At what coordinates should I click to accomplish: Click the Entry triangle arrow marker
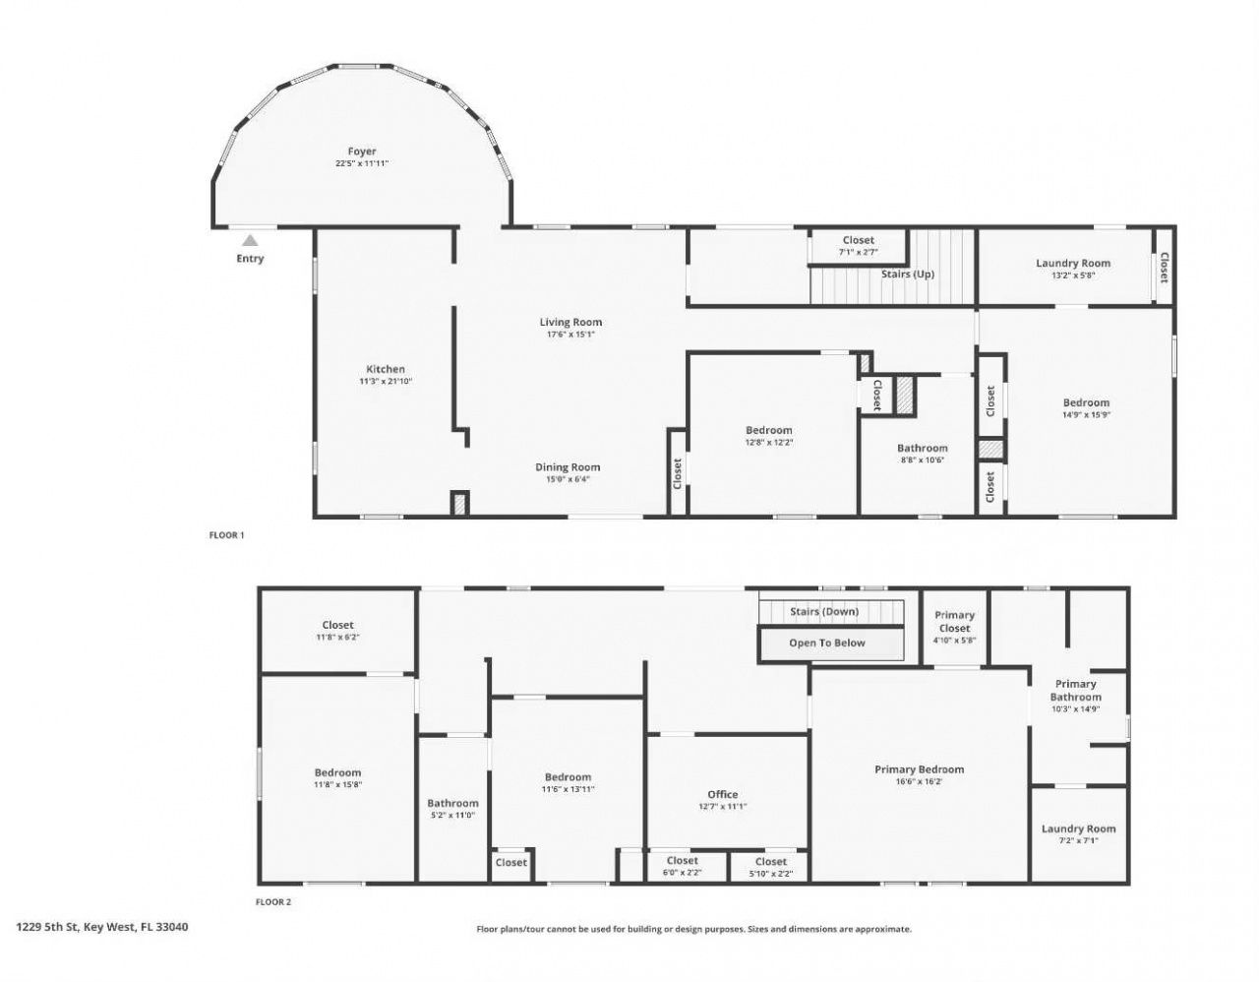point(251,240)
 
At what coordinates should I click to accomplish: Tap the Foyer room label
point(362,152)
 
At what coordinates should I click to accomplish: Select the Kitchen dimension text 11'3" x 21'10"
point(386,381)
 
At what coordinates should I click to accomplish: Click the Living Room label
point(570,322)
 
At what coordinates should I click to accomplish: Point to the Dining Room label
point(568,467)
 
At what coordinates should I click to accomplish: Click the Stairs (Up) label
point(907,275)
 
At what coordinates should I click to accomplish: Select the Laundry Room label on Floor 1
point(1073,263)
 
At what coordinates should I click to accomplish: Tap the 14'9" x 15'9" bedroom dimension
point(1086,414)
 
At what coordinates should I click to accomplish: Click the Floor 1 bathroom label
point(922,448)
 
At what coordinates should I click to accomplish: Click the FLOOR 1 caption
point(226,535)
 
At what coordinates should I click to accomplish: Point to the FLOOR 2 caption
point(273,901)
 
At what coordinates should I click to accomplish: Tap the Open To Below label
point(827,644)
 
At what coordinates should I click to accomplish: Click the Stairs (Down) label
point(824,611)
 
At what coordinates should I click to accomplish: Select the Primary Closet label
point(954,621)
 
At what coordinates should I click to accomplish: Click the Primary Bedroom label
point(919,769)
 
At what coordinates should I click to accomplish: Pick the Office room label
point(723,794)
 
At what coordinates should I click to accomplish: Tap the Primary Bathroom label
point(1075,690)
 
